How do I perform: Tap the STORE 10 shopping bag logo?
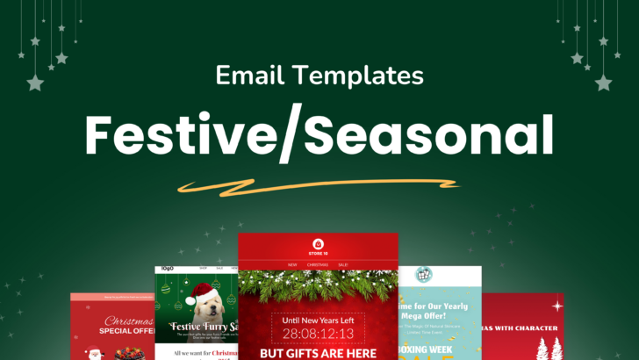(319, 242)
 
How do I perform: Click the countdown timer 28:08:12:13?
(319, 335)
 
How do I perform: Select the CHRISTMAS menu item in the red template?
(319, 263)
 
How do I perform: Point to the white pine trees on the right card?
(548, 346)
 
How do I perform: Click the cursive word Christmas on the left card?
(129, 322)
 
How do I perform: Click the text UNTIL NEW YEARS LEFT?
(319, 320)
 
